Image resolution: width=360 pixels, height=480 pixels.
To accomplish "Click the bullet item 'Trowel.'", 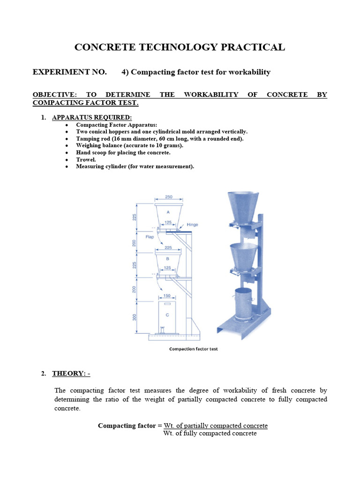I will click(x=87, y=159).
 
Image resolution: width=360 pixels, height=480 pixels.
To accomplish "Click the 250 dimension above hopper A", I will click(x=168, y=197).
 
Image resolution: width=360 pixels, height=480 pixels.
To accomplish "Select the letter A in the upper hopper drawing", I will click(x=168, y=212).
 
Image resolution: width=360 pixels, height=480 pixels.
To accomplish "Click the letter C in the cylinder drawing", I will click(x=167, y=315).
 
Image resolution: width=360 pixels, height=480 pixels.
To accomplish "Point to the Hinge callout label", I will click(x=192, y=225).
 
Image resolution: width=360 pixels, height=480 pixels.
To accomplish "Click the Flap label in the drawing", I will click(x=150, y=237).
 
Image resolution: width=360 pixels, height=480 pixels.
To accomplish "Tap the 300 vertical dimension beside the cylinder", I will click(x=134, y=318).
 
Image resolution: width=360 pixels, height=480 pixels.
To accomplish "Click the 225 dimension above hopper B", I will click(x=168, y=248).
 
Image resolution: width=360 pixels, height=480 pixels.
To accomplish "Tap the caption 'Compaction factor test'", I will click(x=193, y=349).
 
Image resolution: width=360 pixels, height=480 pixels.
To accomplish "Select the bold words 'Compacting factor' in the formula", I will click(x=127, y=426).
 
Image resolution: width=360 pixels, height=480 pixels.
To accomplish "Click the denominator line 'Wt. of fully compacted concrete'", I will click(x=210, y=434).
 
